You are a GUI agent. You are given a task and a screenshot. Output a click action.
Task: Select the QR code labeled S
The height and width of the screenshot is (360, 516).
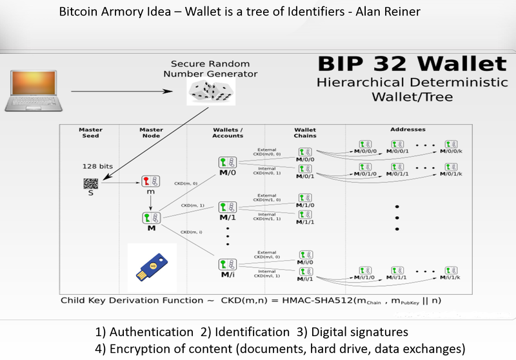[x=90, y=183]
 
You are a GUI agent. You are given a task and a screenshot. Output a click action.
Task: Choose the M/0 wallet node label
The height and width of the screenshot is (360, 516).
[x=227, y=172]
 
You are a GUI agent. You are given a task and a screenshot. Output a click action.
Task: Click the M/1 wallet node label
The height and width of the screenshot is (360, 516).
[x=227, y=217]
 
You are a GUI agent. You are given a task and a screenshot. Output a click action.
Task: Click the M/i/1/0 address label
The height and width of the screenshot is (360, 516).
[x=365, y=277]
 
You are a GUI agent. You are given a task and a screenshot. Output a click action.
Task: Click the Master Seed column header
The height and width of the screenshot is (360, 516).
[x=90, y=132]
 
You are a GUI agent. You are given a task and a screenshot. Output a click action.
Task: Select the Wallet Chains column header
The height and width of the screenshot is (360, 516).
[x=305, y=132]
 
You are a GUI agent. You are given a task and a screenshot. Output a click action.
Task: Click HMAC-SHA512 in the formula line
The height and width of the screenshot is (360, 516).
[x=312, y=301]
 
